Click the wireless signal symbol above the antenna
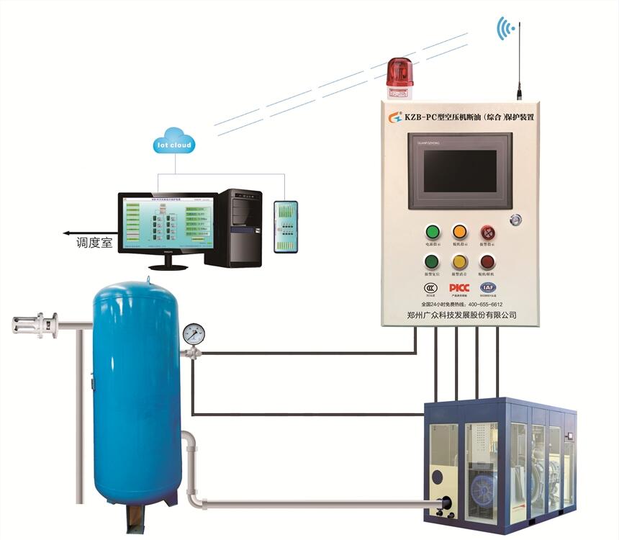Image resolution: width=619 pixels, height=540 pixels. [507, 29]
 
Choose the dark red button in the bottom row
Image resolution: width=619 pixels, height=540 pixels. [488, 262]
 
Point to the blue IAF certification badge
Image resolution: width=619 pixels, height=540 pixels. [487, 288]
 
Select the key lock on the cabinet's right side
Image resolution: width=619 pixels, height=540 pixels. [515, 218]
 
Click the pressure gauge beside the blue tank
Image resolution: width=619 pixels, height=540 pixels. [194, 333]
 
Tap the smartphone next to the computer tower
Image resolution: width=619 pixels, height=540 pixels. [285, 226]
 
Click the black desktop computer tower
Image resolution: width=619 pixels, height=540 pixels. [240, 228]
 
